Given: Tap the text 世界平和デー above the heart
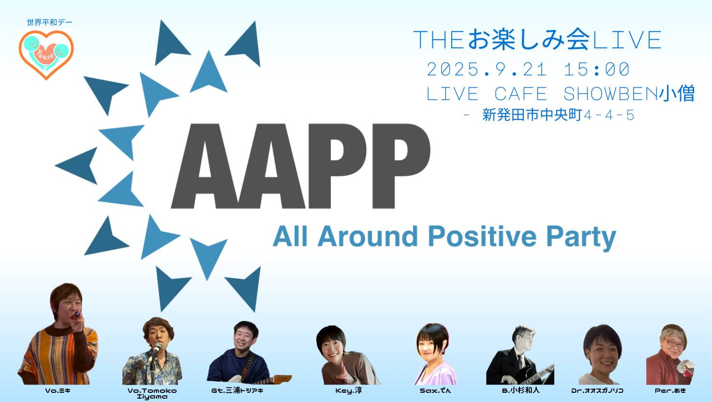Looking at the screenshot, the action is coord(50,22).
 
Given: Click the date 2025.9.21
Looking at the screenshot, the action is coord(487,70).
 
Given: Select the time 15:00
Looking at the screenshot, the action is coord(596,70).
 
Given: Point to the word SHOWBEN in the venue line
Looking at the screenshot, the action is coord(610,94).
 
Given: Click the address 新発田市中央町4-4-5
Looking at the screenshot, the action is coord(558,115).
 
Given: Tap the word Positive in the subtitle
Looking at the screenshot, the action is coord(482,237).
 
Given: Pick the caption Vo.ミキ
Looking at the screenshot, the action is coord(58,390).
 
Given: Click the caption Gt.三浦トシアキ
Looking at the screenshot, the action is coord(237,390).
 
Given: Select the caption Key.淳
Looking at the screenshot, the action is coord(349,390).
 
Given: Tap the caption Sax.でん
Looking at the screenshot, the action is coord(435,390).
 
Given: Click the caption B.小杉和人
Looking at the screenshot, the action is coord(520,390).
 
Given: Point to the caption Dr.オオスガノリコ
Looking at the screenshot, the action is coord(597,390).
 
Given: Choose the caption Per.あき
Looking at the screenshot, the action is coord(670,390).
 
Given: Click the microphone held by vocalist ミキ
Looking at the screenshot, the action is coord(76,315).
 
